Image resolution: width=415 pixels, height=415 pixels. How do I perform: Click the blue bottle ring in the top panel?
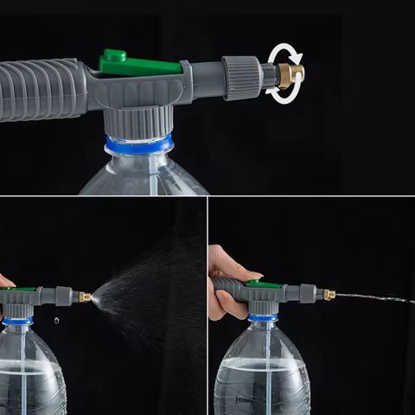point(138,144)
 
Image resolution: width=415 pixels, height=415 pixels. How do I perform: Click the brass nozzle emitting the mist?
point(85,297)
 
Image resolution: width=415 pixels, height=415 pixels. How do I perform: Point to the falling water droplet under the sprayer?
point(56,320)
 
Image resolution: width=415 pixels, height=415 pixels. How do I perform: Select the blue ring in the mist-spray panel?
point(17,321)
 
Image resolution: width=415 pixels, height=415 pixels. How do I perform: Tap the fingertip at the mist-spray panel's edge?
point(5,281)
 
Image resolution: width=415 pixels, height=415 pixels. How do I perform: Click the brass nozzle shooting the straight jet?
point(329,294)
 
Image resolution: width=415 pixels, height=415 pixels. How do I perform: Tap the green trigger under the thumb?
point(265,284)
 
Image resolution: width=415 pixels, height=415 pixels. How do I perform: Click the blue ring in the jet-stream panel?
point(263,318)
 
